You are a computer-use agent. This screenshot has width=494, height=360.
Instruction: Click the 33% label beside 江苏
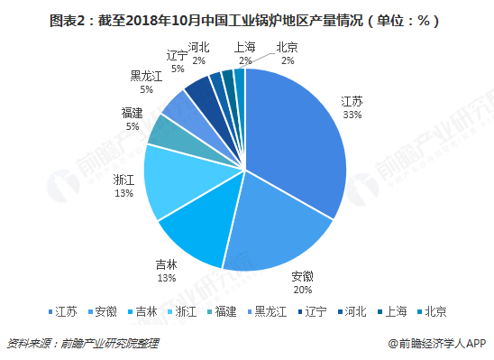click(352, 115)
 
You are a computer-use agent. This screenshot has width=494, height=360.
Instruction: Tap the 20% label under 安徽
click(303, 290)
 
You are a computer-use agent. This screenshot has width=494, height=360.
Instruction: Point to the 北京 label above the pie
click(287, 47)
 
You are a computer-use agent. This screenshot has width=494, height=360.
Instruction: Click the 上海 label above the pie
click(244, 47)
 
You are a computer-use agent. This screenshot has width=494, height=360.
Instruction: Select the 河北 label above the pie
click(199, 47)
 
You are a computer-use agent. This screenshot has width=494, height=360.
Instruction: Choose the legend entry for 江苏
click(63, 312)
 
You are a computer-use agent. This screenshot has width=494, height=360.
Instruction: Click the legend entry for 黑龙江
click(267, 312)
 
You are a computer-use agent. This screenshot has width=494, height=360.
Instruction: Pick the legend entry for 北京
click(432, 312)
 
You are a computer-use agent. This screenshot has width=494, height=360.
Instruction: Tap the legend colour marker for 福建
click(210, 312)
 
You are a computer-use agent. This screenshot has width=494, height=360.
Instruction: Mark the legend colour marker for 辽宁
click(300, 312)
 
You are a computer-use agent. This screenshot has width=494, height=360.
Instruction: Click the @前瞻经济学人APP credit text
click(437, 343)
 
